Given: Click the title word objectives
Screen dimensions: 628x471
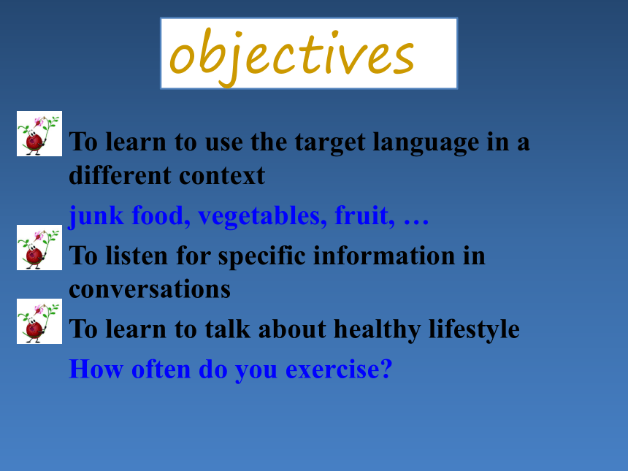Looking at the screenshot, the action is [x=291, y=56].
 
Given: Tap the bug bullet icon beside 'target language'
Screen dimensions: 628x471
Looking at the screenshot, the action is [x=39, y=134].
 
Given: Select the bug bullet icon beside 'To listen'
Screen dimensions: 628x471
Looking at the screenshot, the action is [x=39, y=248].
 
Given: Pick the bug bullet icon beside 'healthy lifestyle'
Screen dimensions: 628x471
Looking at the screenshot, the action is [x=39, y=321].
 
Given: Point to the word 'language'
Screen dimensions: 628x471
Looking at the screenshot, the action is [x=426, y=143].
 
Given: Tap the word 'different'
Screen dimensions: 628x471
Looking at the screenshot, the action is [x=120, y=175].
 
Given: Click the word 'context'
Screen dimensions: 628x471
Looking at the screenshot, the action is [x=222, y=176].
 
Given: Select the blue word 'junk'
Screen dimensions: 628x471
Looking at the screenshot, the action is [x=96, y=216].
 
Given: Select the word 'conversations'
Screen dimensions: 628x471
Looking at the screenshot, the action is [x=150, y=289].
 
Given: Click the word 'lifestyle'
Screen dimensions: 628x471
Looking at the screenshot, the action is [x=474, y=330].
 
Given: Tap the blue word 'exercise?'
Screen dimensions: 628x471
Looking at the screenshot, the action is [x=339, y=369].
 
